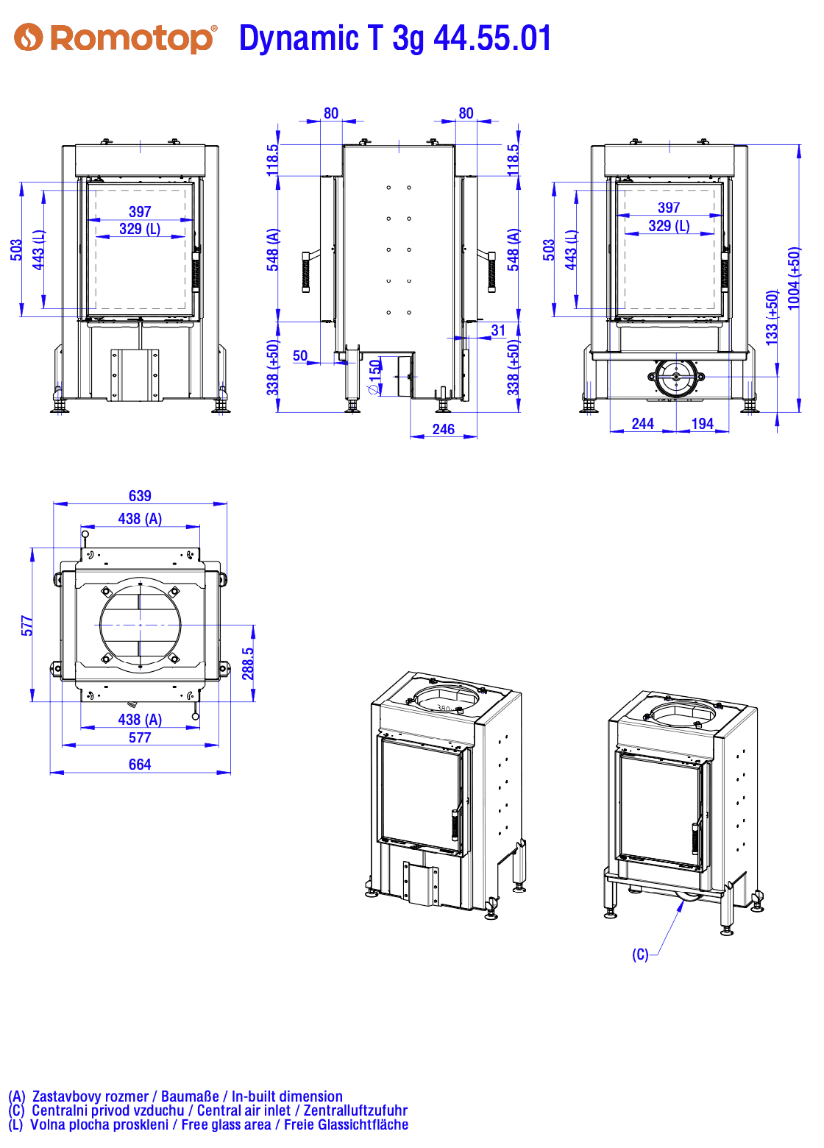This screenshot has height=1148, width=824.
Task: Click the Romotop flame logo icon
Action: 28,37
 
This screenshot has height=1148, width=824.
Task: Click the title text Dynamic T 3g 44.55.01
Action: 394,38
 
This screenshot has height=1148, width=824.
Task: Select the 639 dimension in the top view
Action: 140,495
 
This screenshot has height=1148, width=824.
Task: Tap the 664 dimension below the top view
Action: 140,764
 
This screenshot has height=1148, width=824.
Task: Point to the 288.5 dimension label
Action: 248,663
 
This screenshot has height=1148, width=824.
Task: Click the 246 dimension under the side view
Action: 443,429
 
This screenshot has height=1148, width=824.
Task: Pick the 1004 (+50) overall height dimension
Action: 793,278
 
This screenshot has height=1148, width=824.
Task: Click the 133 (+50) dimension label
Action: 772,318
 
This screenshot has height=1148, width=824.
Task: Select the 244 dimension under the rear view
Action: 642,423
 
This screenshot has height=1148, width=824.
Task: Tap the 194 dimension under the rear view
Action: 702,423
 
